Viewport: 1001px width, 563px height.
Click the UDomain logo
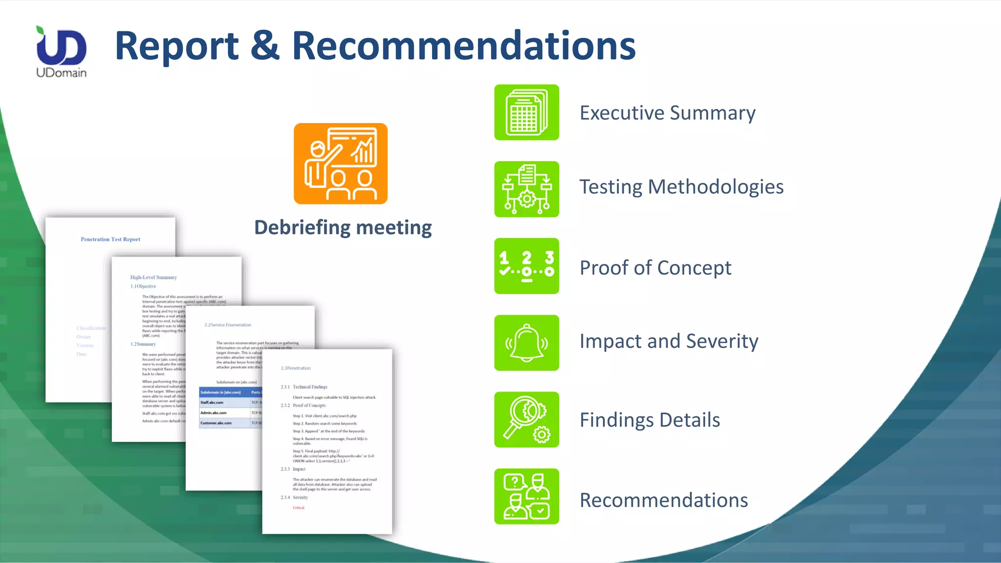(62, 51)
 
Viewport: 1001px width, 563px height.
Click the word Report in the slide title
(176, 46)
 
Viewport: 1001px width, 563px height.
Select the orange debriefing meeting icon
(341, 164)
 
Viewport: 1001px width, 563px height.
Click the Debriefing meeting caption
(343, 228)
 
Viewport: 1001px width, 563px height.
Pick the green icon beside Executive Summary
(526, 112)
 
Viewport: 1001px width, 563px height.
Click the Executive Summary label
(667, 113)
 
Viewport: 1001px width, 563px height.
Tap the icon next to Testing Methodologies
(526, 189)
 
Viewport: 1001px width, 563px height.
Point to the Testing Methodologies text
(681, 187)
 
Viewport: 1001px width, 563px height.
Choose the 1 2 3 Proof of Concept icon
(526, 266)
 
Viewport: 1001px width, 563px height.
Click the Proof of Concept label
(655, 268)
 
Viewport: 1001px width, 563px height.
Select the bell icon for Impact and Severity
(526, 343)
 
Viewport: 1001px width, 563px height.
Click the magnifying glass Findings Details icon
(526, 419)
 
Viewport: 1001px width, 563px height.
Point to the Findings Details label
(650, 420)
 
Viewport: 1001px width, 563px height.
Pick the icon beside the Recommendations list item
(526, 496)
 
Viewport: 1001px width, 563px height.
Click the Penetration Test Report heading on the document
(110, 239)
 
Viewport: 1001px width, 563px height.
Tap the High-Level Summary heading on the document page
(153, 277)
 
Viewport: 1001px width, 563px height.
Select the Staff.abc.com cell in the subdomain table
(212, 403)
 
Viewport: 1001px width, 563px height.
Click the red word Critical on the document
(299, 508)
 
